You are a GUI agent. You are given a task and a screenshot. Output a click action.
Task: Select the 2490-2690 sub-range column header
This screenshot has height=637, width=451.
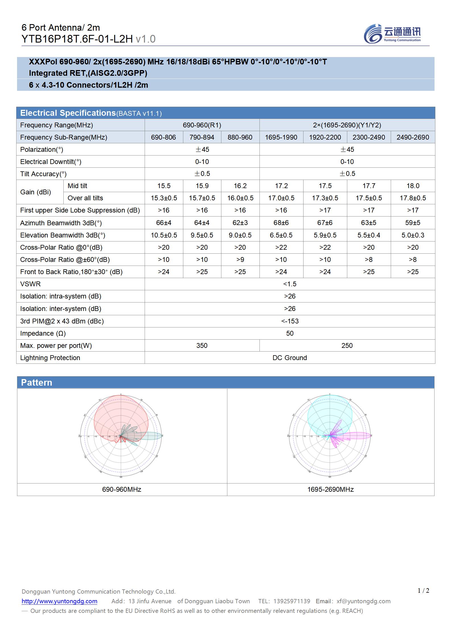(413, 137)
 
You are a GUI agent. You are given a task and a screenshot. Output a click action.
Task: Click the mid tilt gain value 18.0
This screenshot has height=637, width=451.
(413, 186)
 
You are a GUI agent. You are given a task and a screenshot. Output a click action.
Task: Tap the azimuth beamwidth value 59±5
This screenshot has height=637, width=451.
(413, 223)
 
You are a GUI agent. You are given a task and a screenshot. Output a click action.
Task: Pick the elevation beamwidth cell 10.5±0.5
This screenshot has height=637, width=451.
(164, 235)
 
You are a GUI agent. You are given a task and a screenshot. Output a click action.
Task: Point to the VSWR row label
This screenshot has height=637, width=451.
(30, 284)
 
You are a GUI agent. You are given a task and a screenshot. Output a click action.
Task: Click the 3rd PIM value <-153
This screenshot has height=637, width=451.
(290, 321)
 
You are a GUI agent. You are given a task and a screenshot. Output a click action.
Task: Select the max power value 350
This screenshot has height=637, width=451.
(202, 346)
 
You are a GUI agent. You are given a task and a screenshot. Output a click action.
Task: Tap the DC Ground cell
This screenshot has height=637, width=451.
(290, 358)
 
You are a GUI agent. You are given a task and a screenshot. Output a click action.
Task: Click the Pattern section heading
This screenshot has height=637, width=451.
(37, 382)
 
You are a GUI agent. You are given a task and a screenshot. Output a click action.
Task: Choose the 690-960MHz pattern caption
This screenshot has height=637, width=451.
(122, 489)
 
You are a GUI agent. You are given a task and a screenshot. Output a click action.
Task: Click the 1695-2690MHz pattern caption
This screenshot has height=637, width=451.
(331, 489)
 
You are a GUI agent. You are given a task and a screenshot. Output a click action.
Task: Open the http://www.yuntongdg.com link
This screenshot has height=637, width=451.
(59, 601)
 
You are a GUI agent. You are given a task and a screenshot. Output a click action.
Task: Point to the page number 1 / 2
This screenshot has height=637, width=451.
(423, 591)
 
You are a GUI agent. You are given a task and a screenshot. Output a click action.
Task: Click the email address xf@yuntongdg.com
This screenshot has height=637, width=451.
(363, 601)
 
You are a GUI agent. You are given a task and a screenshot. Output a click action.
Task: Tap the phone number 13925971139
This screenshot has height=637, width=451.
(292, 601)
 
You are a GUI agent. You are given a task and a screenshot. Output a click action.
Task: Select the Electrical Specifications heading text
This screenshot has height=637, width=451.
(68, 113)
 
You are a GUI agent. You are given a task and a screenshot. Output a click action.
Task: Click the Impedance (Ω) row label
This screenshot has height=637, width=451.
(43, 333)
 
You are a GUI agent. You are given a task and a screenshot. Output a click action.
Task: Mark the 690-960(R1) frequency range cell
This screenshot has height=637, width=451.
(202, 125)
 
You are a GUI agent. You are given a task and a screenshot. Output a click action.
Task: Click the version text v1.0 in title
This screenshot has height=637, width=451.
(146, 39)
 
